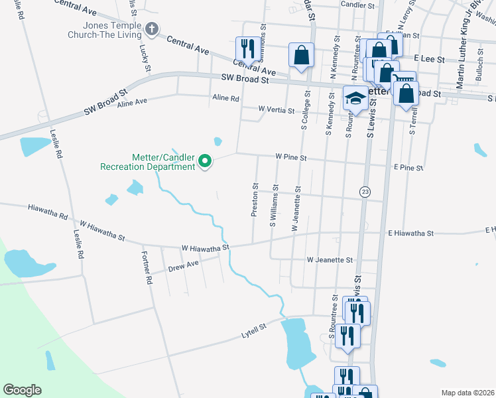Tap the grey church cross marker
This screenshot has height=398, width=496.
pyautogui.click(x=152, y=29)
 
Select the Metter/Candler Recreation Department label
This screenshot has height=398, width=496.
pyautogui.click(x=148, y=161)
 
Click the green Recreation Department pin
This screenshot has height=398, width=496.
pyautogui.click(x=206, y=161)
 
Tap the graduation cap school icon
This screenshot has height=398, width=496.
pyautogui.click(x=355, y=99)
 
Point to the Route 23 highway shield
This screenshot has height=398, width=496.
pyautogui.click(x=365, y=192)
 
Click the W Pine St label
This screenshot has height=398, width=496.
pyautogui.click(x=291, y=158)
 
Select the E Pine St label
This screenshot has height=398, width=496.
pyautogui.click(x=408, y=168)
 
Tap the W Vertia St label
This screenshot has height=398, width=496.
pyautogui.click(x=277, y=109)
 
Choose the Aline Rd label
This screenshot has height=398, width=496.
pyautogui.click(x=225, y=98)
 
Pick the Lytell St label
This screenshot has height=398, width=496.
pyautogui.click(x=253, y=328)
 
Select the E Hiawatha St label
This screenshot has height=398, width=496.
pyautogui.click(x=410, y=233)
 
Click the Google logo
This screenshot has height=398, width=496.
pyautogui.click(x=22, y=390)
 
